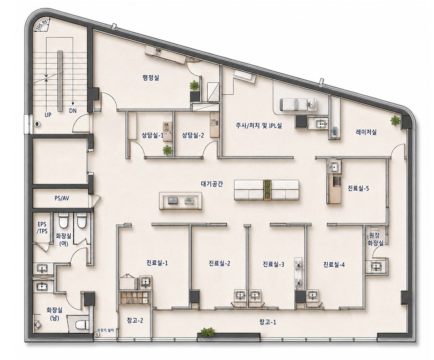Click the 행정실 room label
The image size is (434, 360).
click(x=151, y=78)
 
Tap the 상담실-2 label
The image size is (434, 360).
click(x=193, y=135)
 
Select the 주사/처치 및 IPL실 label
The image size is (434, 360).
click(x=259, y=126)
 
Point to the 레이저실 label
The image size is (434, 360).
click(x=366, y=132)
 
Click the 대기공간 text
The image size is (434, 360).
click(x=212, y=184)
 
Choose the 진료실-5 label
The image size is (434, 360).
click(x=359, y=188)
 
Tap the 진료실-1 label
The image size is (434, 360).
click(x=157, y=262)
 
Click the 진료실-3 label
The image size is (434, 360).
click(x=273, y=264)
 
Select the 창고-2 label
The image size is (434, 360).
click(x=135, y=321)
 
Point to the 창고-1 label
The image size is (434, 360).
click(x=268, y=322)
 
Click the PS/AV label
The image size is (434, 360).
click(x=62, y=198)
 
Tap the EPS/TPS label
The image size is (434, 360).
click(x=42, y=228)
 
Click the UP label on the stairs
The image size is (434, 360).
click(x=48, y=114)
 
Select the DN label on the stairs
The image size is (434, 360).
click(x=73, y=111)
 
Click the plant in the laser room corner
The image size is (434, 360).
click(x=395, y=120)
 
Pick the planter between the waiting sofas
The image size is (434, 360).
click(x=267, y=190)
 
